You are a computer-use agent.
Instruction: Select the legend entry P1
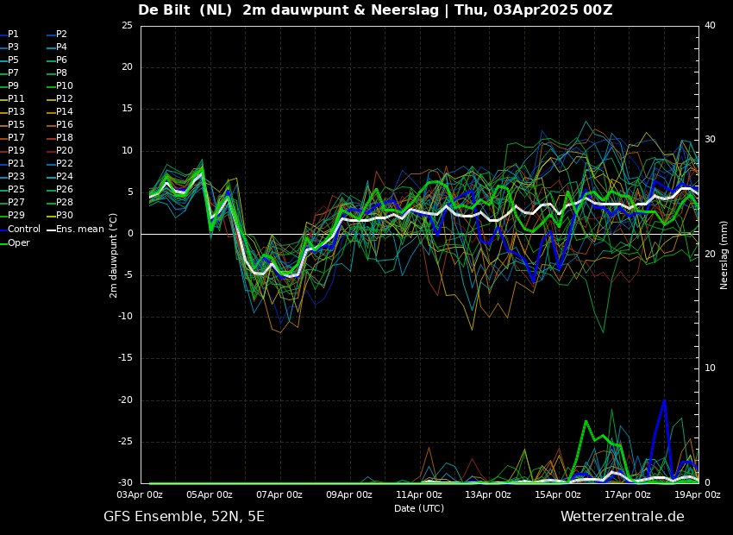pyautogui.click(x=13, y=35)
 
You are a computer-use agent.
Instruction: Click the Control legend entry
pyautogui.click(x=23, y=230)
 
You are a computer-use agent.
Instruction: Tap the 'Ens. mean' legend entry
pyautogui.click(x=80, y=230)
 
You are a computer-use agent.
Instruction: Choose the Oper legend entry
pyautogui.click(x=18, y=242)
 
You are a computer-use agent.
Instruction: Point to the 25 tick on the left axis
pyautogui.click(x=127, y=26)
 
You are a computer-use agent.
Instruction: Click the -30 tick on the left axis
pyautogui.click(x=125, y=483)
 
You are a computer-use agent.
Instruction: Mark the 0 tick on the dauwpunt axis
pyautogui.click(x=129, y=234)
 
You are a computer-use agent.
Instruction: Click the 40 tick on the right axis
pyautogui.click(x=710, y=26)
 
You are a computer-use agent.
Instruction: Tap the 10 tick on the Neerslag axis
pyautogui.click(x=710, y=368)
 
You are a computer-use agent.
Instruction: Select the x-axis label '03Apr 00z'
pyautogui.click(x=140, y=495)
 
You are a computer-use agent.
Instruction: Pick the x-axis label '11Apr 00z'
pyautogui.click(x=419, y=495)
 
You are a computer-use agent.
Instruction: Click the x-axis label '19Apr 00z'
pyautogui.click(x=697, y=495)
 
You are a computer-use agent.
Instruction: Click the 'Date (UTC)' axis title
pyautogui.click(x=419, y=509)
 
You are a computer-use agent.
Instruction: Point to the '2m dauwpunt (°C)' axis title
pyautogui.click(x=113, y=255)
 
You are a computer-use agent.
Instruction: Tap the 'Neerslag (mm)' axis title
pyautogui.click(x=724, y=255)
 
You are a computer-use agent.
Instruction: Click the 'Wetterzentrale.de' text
pyautogui.click(x=622, y=517)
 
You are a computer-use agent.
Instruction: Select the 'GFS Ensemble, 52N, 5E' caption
pyautogui.click(x=184, y=517)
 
